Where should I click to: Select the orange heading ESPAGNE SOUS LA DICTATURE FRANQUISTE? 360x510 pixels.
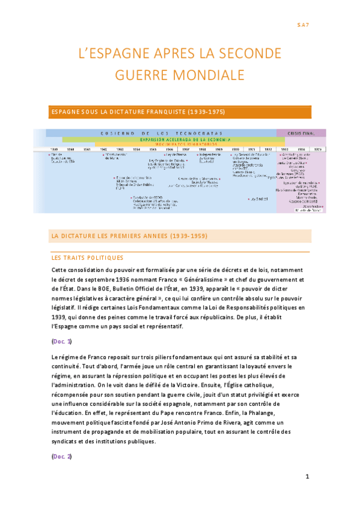(x=138, y=112)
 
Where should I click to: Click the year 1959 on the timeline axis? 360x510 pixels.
(x=55, y=149)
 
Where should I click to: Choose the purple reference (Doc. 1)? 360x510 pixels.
(x=62, y=342)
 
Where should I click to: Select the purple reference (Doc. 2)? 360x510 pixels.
(x=62, y=456)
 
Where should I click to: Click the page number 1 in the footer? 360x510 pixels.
(x=307, y=478)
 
